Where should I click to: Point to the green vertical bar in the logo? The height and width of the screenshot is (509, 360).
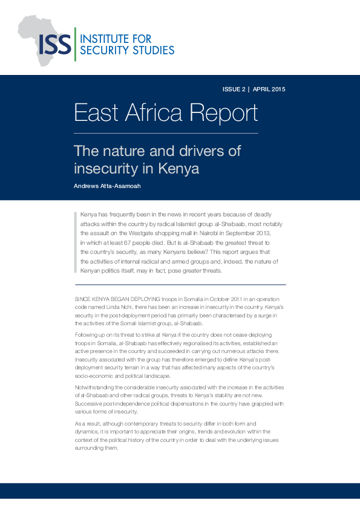[75, 44]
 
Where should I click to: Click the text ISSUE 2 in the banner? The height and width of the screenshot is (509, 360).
[234, 89]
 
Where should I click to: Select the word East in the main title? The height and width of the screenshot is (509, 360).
[94, 113]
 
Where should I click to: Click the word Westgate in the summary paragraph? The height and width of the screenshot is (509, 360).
[164, 233]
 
